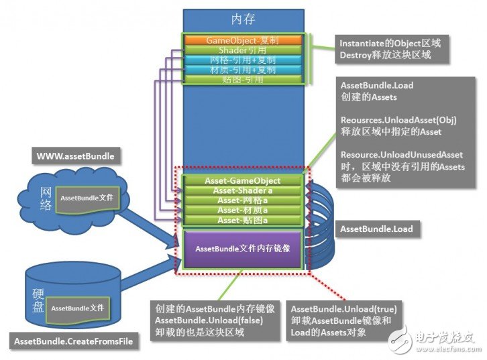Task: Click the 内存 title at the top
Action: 243,19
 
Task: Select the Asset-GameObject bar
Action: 242,180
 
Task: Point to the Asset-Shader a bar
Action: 242,190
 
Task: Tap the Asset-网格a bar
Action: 242,200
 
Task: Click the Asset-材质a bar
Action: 242,210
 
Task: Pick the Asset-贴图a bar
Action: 242,220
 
